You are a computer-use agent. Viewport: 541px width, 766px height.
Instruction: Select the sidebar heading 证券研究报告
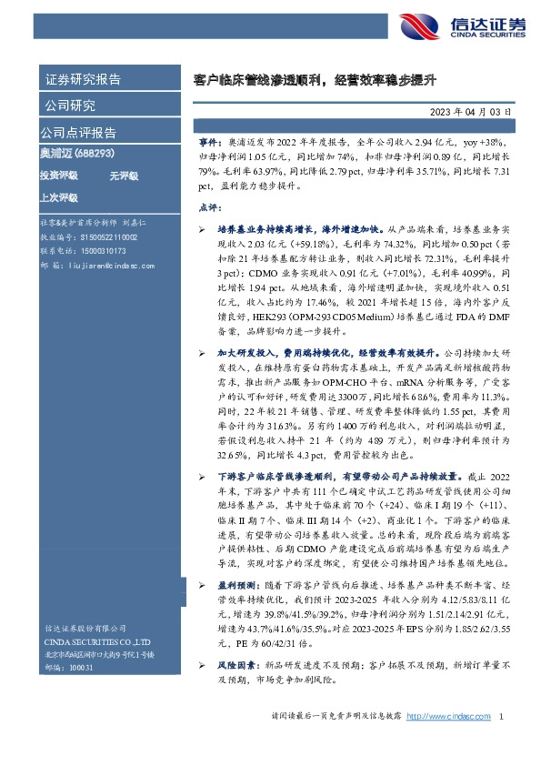pyautogui.click(x=83, y=80)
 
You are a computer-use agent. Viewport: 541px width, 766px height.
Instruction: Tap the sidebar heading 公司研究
pyautogui.click(x=71, y=106)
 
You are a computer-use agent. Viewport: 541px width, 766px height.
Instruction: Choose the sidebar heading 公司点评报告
pyautogui.click(x=79, y=132)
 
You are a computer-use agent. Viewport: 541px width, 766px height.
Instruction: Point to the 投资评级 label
pyautogui.click(x=59, y=175)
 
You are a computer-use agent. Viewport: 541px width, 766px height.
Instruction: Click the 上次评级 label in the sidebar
pyautogui.click(x=59, y=197)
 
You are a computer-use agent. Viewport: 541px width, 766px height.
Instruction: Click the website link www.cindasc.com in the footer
pyautogui.click(x=441, y=742)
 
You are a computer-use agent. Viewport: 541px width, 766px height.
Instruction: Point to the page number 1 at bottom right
pyautogui.click(x=502, y=742)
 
